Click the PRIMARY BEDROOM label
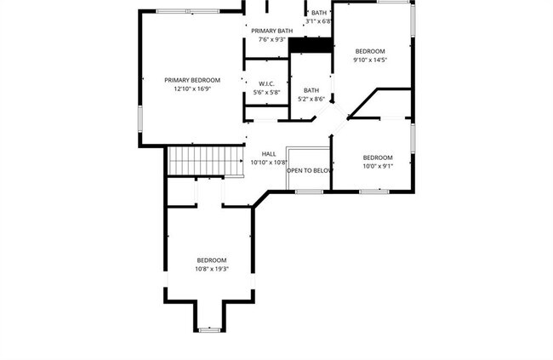tap(186, 80)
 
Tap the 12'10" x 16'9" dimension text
tap(186, 89)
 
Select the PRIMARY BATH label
tap(272, 31)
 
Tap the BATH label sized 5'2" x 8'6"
tap(311, 90)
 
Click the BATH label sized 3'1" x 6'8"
tap(319, 13)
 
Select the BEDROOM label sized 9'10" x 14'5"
tap(370, 51)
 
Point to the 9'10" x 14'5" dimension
tap(370, 60)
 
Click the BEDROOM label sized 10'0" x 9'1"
tap(378, 157)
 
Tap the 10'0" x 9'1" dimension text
tap(378, 166)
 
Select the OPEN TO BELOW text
tap(310, 170)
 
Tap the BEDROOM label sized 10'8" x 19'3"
tap(212, 260)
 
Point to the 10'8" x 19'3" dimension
tap(212, 269)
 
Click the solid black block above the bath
tap(310, 47)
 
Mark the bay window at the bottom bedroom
tap(210, 329)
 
